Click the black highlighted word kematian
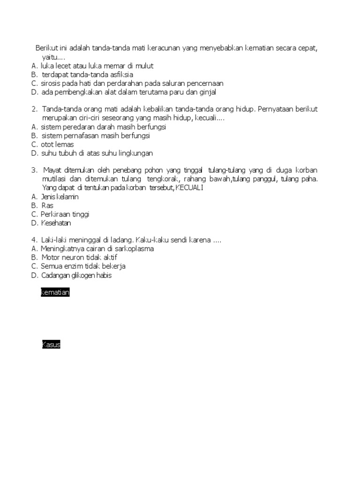tap(55, 293)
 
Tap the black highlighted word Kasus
tap(51, 345)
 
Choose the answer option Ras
tap(47, 205)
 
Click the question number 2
tap(34, 109)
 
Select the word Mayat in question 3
tap(52, 170)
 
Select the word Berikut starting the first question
tap(47, 48)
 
